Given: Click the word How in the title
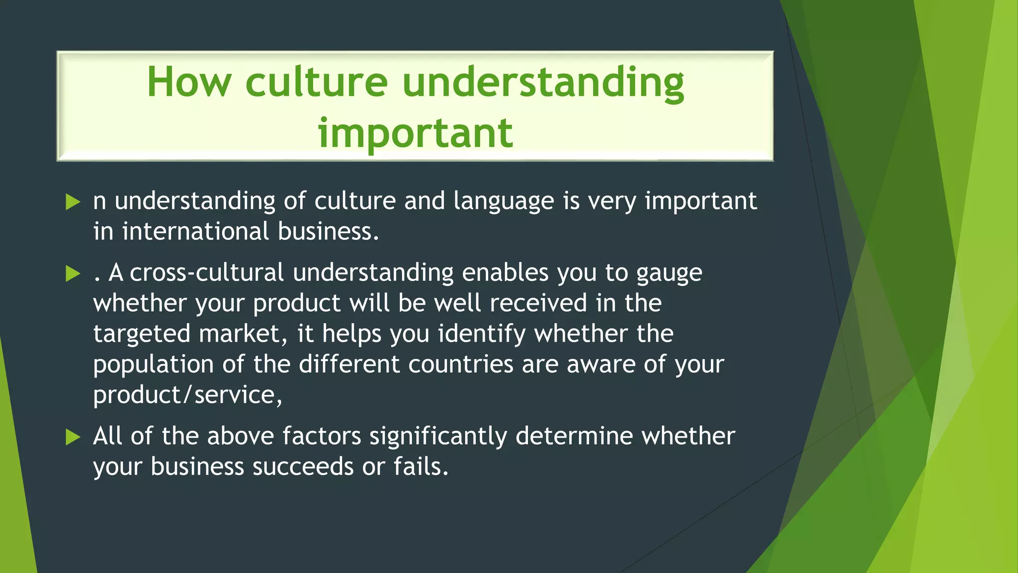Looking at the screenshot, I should click(189, 82).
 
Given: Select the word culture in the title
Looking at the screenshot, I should click(316, 82).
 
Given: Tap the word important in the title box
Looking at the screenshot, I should click(416, 133).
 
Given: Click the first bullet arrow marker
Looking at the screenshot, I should click(73, 202).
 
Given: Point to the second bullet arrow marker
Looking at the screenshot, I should click(73, 274).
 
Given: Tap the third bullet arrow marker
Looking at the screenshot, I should click(73, 437).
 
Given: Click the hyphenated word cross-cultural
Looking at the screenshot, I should click(206, 273).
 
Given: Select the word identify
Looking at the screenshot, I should click(481, 334).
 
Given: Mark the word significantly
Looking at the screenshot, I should click(438, 437).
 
